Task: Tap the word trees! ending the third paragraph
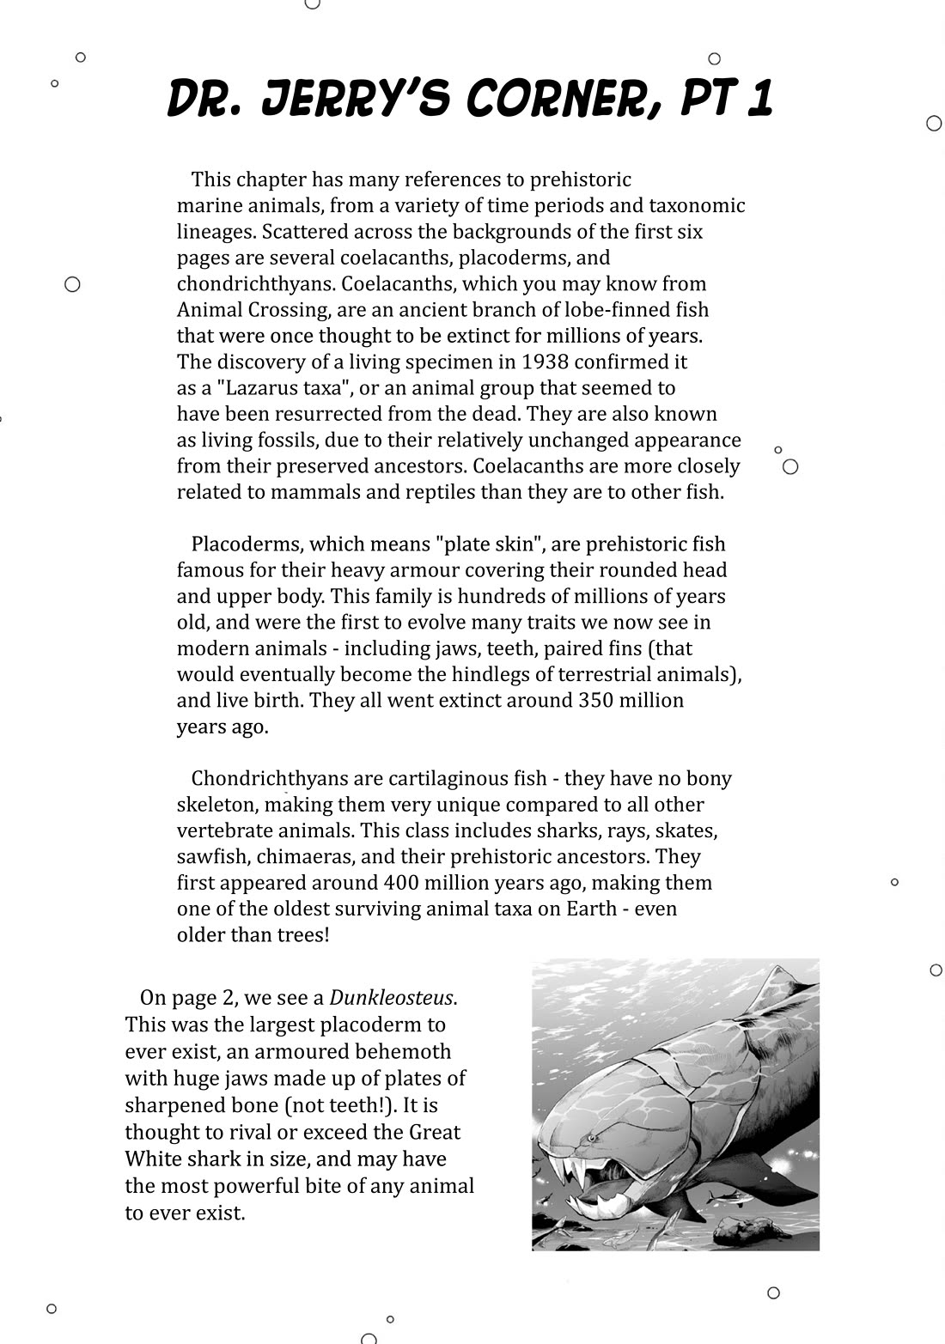point(302,934)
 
